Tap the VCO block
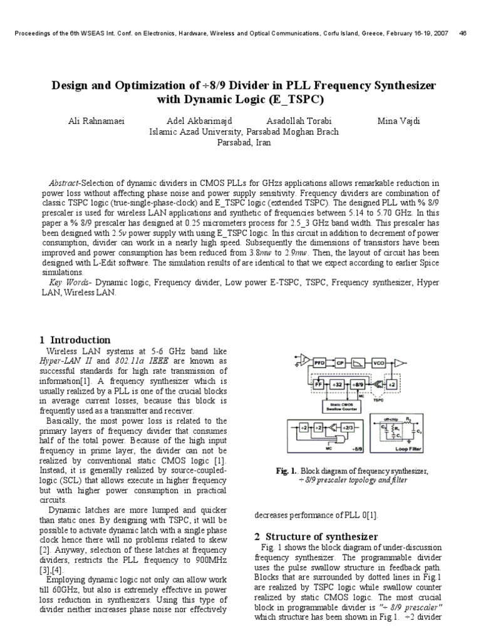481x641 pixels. point(378,362)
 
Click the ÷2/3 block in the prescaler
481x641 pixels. point(345,427)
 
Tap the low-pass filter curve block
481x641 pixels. point(359,362)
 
